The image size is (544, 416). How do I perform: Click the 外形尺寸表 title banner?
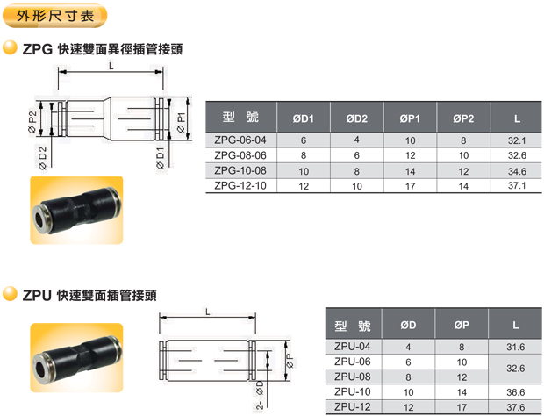point(54,16)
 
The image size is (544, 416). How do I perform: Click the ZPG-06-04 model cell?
point(240,140)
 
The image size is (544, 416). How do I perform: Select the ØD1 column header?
point(304,118)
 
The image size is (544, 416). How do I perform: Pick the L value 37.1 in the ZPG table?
point(517,186)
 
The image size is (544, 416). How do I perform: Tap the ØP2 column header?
point(463,118)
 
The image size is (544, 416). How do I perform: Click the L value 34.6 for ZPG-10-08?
point(517,171)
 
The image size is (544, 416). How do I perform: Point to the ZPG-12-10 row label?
point(240,186)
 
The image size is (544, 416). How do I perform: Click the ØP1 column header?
point(410,118)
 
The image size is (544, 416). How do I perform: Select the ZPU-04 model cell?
point(352,347)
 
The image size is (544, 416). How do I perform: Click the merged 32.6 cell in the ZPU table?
point(516,368)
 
